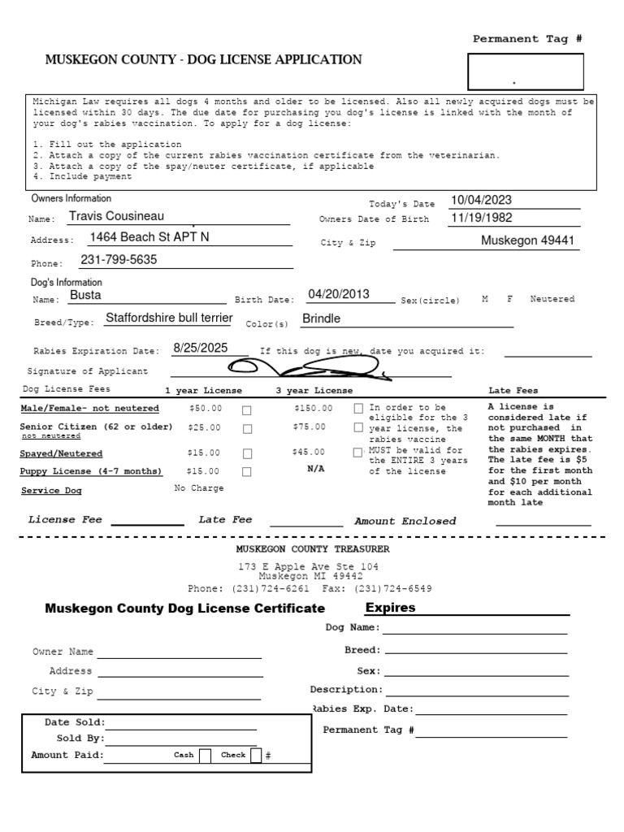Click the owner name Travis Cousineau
point(116,216)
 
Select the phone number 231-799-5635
point(119,260)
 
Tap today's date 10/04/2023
point(482,201)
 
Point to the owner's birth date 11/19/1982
point(482,219)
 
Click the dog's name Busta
point(85,296)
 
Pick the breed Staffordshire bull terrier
point(169,318)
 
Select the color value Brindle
point(321,318)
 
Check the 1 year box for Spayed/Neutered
point(247,453)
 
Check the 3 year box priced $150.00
point(358,409)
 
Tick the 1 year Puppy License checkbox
point(247,471)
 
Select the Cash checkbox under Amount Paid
point(205,756)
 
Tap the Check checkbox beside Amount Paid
point(256,756)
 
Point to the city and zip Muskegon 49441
point(527,240)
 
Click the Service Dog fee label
point(51,491)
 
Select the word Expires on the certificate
point(390,608)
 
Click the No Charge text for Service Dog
point(199,488)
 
